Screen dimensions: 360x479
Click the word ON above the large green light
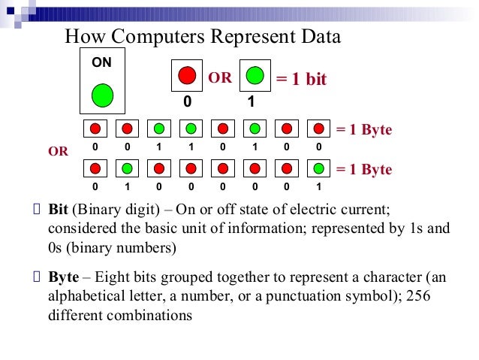click(101, 63)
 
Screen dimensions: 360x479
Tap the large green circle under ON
click(102, 95)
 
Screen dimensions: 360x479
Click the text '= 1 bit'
click(302, 80)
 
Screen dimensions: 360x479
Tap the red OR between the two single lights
click(220, 78)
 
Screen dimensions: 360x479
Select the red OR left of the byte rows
click(59, 151)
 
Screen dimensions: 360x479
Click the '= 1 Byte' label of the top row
click(364, 130)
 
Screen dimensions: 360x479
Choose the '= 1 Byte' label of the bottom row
click(364, 170)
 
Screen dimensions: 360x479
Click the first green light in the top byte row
click(159, 129)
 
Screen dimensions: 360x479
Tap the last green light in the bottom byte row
click(319, 168)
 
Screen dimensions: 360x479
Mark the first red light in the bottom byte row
click(95, 168)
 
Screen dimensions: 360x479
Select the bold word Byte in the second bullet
click(63, 277)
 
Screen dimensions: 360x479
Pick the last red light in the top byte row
click(319, 129)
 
